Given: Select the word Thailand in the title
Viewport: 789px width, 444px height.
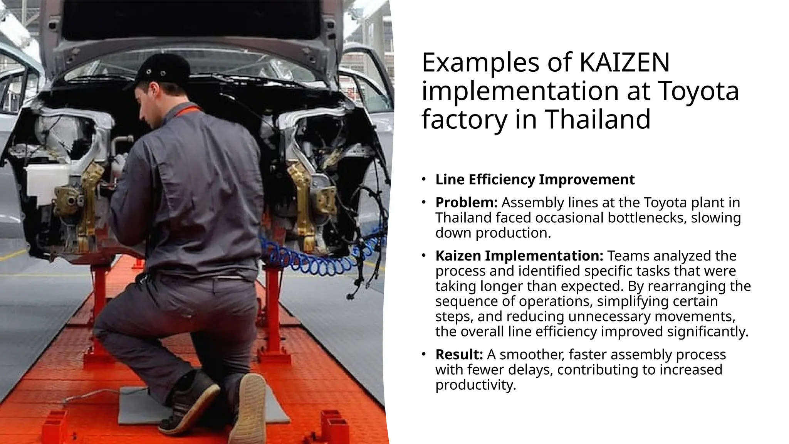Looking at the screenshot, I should [598, 119].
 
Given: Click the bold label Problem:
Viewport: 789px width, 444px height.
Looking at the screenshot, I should [466, 202].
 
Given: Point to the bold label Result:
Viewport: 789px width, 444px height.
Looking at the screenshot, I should [459, 354].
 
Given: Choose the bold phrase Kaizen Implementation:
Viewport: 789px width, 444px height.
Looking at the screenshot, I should [519, 256].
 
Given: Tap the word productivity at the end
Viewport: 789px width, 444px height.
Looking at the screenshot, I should [475, 385].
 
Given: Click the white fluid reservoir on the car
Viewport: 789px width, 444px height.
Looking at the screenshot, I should [44, 183].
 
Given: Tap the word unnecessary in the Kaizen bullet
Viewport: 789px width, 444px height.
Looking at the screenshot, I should [609, 316].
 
